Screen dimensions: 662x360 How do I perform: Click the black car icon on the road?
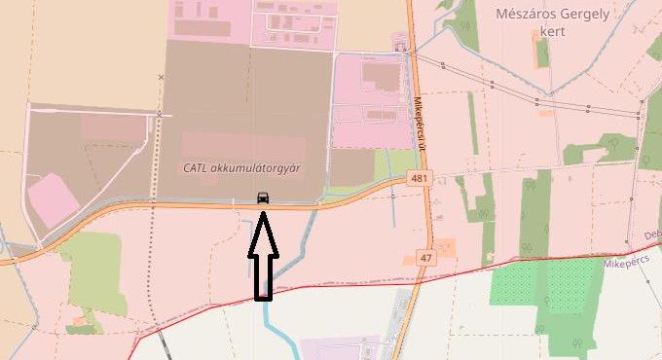pyautogui.click(x=263, y=198)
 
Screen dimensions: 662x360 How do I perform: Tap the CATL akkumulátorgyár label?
pyautogui.click(x=241, y=167)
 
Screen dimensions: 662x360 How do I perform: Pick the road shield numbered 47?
pyautogui.click(x=425, y=257)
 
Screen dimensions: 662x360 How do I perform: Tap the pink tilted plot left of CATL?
pyautogui.click(x=52, y=198)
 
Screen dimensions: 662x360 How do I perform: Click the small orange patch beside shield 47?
pyautogui.click(x=444, y=247)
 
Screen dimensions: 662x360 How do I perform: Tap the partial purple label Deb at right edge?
pyautogui.click(x=652, y=235)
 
